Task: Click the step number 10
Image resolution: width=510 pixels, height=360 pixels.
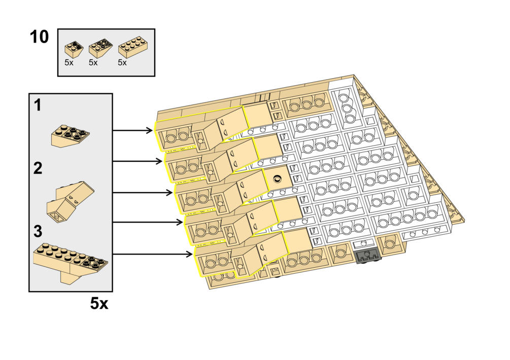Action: (39, 37)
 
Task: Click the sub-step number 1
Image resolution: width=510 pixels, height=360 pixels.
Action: (37, 105)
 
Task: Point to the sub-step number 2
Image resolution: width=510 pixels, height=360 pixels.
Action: (38, 168)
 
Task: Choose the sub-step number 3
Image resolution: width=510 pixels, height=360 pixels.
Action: (38, 232)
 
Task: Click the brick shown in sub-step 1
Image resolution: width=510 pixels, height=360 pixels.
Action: (71, 134)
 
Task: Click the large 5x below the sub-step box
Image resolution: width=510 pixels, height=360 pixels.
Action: (99, 303)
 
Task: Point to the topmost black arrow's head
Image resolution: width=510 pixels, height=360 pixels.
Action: (150, 131)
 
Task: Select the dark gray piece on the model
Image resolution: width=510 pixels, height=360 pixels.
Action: (368, 257)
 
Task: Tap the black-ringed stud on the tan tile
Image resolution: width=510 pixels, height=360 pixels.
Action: (277, 178)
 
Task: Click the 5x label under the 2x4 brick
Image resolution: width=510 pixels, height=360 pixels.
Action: (122, 63)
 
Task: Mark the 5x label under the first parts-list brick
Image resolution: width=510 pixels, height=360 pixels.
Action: (69, 63)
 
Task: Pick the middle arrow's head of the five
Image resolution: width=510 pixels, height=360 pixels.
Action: (171, 193)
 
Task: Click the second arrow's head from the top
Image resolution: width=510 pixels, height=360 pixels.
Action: (160, 162)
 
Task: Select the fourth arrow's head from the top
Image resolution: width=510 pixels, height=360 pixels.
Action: (181, 222)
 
